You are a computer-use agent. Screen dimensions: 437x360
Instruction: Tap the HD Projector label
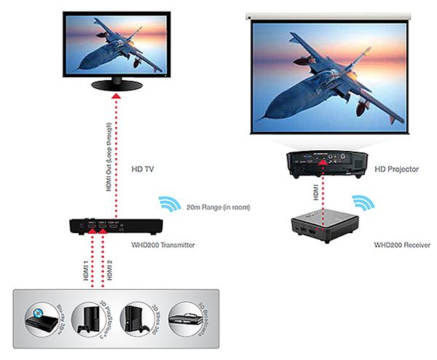(397, 169)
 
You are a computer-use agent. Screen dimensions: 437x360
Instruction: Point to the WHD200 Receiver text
(398, 245)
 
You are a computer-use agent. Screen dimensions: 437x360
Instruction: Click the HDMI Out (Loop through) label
(105, 154)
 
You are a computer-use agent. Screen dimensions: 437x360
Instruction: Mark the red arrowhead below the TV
(114, 97)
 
